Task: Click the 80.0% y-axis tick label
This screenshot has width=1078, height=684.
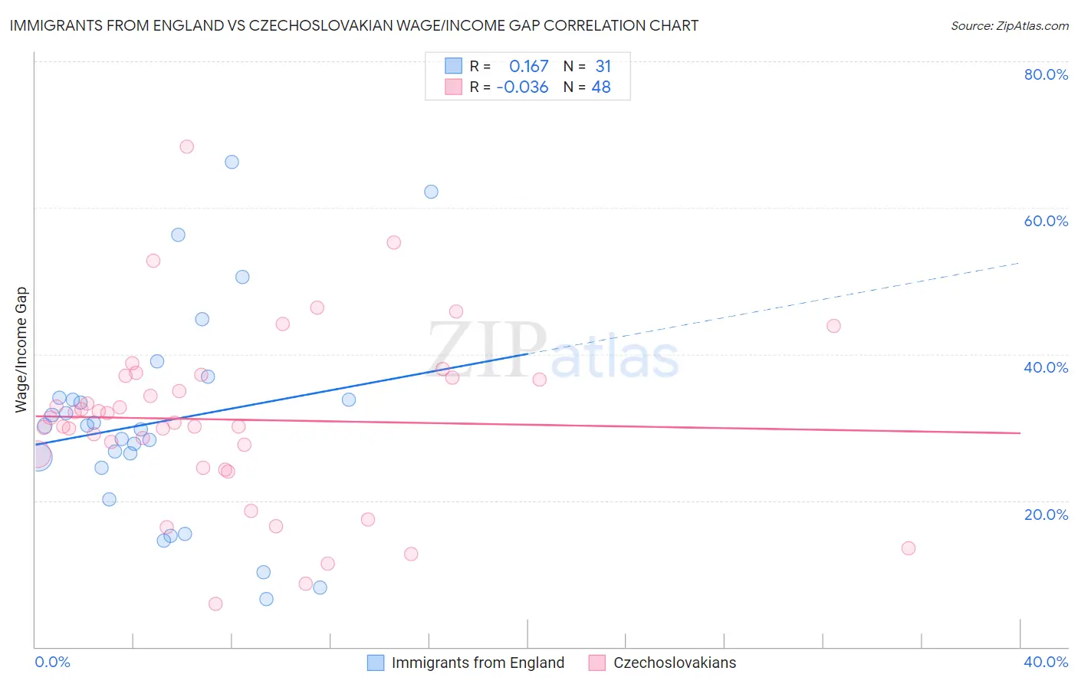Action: [1046, 74]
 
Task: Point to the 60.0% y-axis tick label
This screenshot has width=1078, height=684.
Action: [1046, 221]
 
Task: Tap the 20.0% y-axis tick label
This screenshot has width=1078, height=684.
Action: [1046, 515]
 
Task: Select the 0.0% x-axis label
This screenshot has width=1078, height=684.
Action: [52, 662]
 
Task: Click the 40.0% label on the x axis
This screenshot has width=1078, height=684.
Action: [1046, 662]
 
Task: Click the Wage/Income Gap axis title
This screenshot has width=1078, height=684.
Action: [21, 350]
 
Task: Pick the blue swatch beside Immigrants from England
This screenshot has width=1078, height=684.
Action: [376, 663]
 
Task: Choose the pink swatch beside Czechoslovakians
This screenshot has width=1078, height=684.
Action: [597, 663]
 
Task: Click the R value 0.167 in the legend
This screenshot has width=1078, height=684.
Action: [528, 67]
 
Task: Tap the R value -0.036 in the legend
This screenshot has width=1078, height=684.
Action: [522, 87]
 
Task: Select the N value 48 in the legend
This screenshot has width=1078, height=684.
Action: [601, 87]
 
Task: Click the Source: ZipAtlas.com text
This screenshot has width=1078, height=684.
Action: [1009, 26]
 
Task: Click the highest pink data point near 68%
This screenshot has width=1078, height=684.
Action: [186, 146]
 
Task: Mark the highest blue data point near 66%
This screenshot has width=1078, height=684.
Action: [232, 162]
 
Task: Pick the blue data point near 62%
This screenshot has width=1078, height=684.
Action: [431, 192]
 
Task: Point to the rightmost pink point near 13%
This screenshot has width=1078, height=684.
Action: [909, 548]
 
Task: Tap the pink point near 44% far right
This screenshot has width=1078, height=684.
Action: [833, 326]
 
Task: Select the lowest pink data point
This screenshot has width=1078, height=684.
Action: [215, 604]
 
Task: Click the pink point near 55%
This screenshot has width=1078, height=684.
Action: [394, 242]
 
